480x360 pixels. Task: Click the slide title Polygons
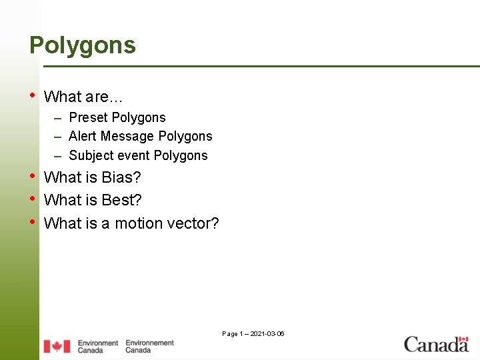tap(82, 45)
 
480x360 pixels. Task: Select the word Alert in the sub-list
tap(81, 136)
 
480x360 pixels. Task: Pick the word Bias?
tap(121, 177)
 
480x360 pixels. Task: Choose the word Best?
tap(122, 200)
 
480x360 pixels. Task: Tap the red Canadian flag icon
tap(57, 346)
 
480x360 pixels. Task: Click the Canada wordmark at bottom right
tap(437, 344)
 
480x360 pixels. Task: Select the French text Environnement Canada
tap(149, 346)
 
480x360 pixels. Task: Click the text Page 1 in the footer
tap(233, 333)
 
